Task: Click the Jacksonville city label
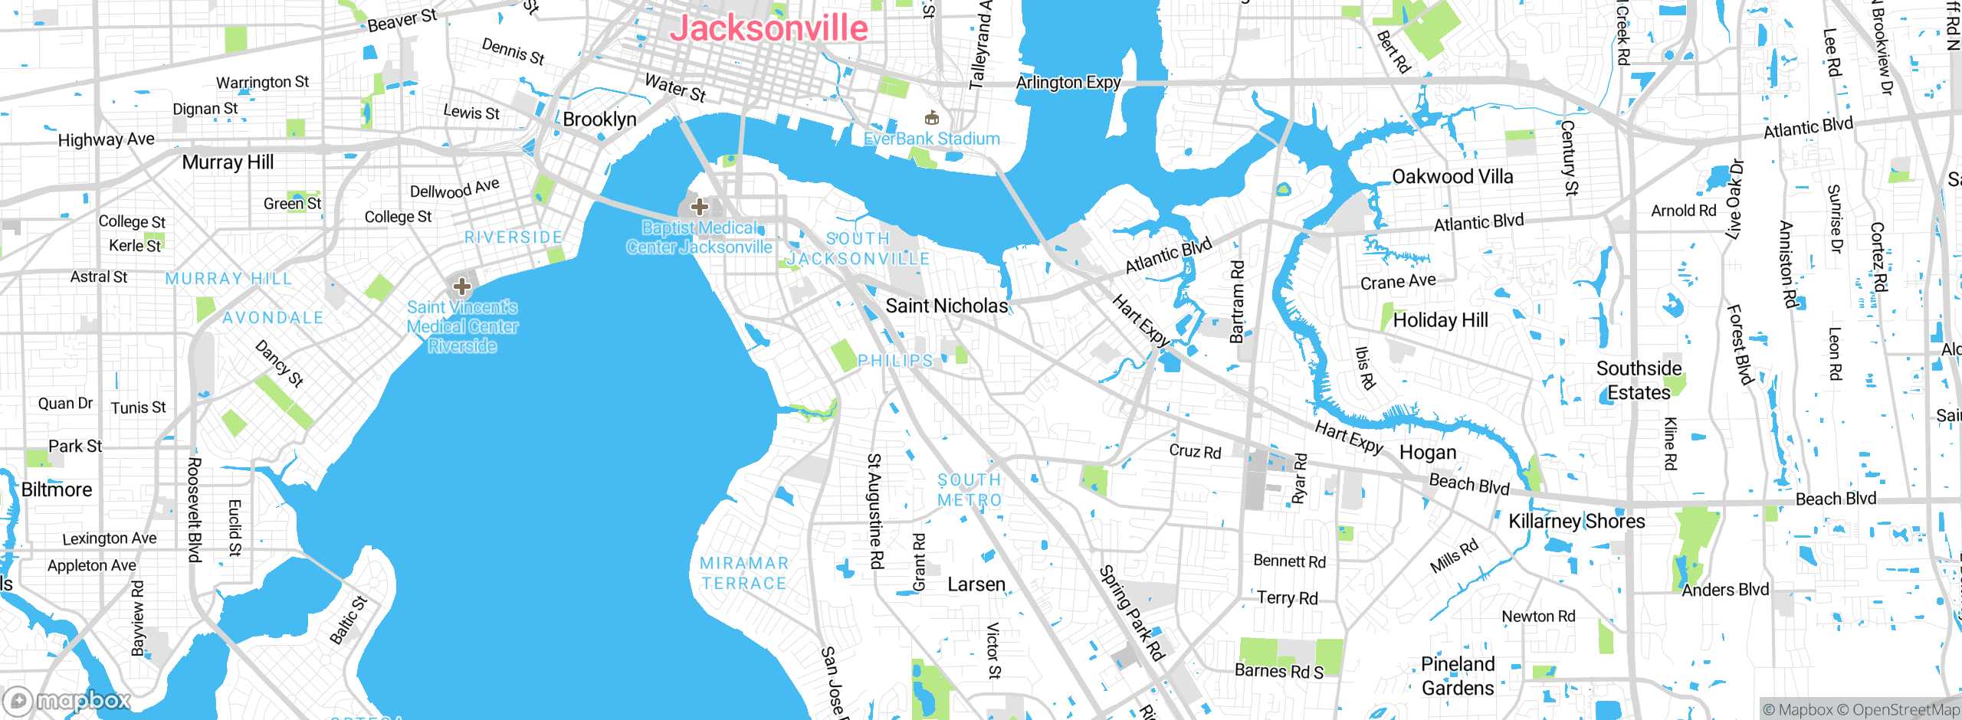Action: click(x=769, y=29)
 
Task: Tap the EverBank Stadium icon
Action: click(x=932, y=118)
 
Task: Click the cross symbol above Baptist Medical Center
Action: click(x=699, y=206)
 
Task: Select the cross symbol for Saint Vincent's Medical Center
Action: click(x=461, y=286)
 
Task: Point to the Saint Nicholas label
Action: click(x=947, y=306)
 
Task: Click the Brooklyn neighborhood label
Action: click(x=599, y=119)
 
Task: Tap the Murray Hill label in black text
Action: click(x=228, y=162)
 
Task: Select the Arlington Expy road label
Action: click(x=1068, y=83)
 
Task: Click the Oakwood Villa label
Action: click(x=1452, y=177)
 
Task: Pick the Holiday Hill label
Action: click(x=1440, y=320)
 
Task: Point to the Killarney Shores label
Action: click(x=1576, y=522)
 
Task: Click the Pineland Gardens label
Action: click(x=1458, y=676)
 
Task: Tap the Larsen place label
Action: click(x=976, y=584)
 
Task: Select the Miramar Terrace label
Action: click(x=743, y=573)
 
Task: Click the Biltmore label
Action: click(x=57, y=490)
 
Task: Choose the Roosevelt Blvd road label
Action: click(x=195, y=509)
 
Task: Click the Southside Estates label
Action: click(x=1639, y=381)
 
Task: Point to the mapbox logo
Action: click(x=67, y=700)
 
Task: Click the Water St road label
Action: click(x=674, y=87)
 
